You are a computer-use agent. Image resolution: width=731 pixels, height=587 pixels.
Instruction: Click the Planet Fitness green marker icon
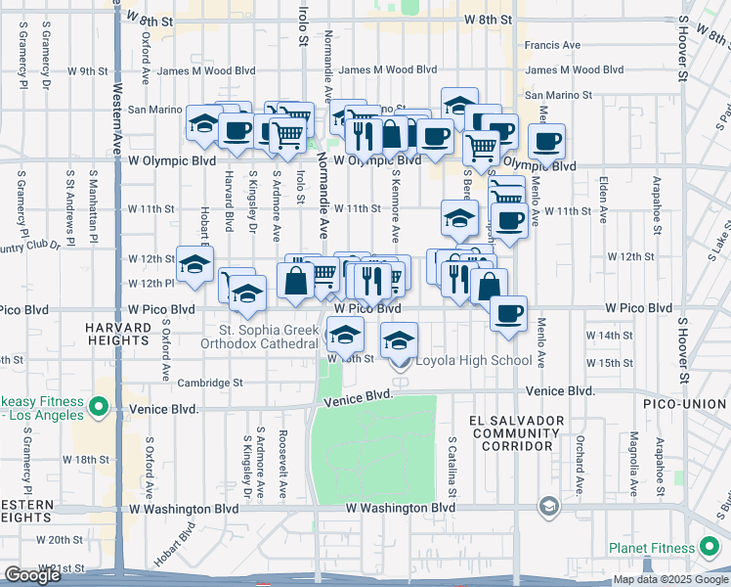tap(711, 548)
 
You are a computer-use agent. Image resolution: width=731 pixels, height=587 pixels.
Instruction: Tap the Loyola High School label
tap(474, 360)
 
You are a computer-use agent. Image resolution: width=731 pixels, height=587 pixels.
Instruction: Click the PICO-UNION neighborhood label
tap(685, 404)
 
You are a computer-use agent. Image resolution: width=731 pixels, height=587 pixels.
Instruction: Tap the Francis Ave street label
tap(552, 45)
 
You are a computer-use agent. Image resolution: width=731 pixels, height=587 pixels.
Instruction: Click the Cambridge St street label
tap(210, 384)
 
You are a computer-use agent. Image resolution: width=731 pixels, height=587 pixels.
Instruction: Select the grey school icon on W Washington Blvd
tap(548, 506)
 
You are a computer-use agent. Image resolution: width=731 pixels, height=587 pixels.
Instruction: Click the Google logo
tap(33, 575)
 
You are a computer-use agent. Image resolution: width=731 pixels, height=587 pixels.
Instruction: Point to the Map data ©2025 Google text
tap(669, 580)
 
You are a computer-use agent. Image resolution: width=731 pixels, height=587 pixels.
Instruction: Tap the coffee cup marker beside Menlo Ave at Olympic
tap(547, 141)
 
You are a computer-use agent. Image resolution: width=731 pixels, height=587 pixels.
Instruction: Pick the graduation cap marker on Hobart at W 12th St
tap(195, 263)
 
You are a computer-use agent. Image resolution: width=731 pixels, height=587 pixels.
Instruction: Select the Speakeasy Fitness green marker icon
tap(98, 406)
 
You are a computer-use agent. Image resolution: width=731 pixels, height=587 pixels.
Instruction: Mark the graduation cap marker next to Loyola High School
tap(399, 339)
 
